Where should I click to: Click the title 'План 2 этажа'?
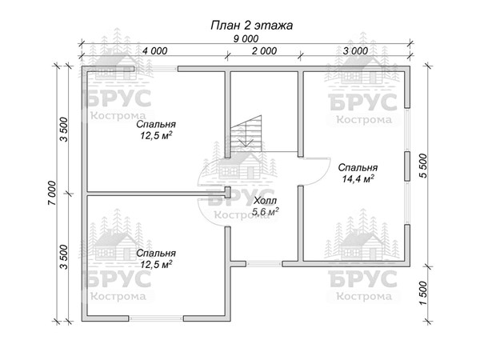[252, 26]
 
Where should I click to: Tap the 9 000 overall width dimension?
[246, 39]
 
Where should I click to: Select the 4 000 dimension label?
[155, 51]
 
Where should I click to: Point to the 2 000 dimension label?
[264, 51]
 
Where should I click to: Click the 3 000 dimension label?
[355, 51]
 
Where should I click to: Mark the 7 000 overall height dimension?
[52, 193]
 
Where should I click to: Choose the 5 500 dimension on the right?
[423, 166]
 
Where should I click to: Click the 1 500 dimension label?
[423, 294]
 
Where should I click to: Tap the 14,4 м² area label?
[358, 178]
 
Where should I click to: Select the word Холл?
[265, 201]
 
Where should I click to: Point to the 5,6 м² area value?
[265, 211]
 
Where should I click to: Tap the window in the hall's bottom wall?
[264, 263]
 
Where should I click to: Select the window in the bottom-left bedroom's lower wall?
[156, 318]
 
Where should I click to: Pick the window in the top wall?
[157, 69]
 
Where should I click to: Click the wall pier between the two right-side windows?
[407, 166]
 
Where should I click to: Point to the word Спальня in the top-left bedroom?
[156, 124]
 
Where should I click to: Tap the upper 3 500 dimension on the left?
[64, 129]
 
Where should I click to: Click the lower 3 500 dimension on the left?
[64, 257]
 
